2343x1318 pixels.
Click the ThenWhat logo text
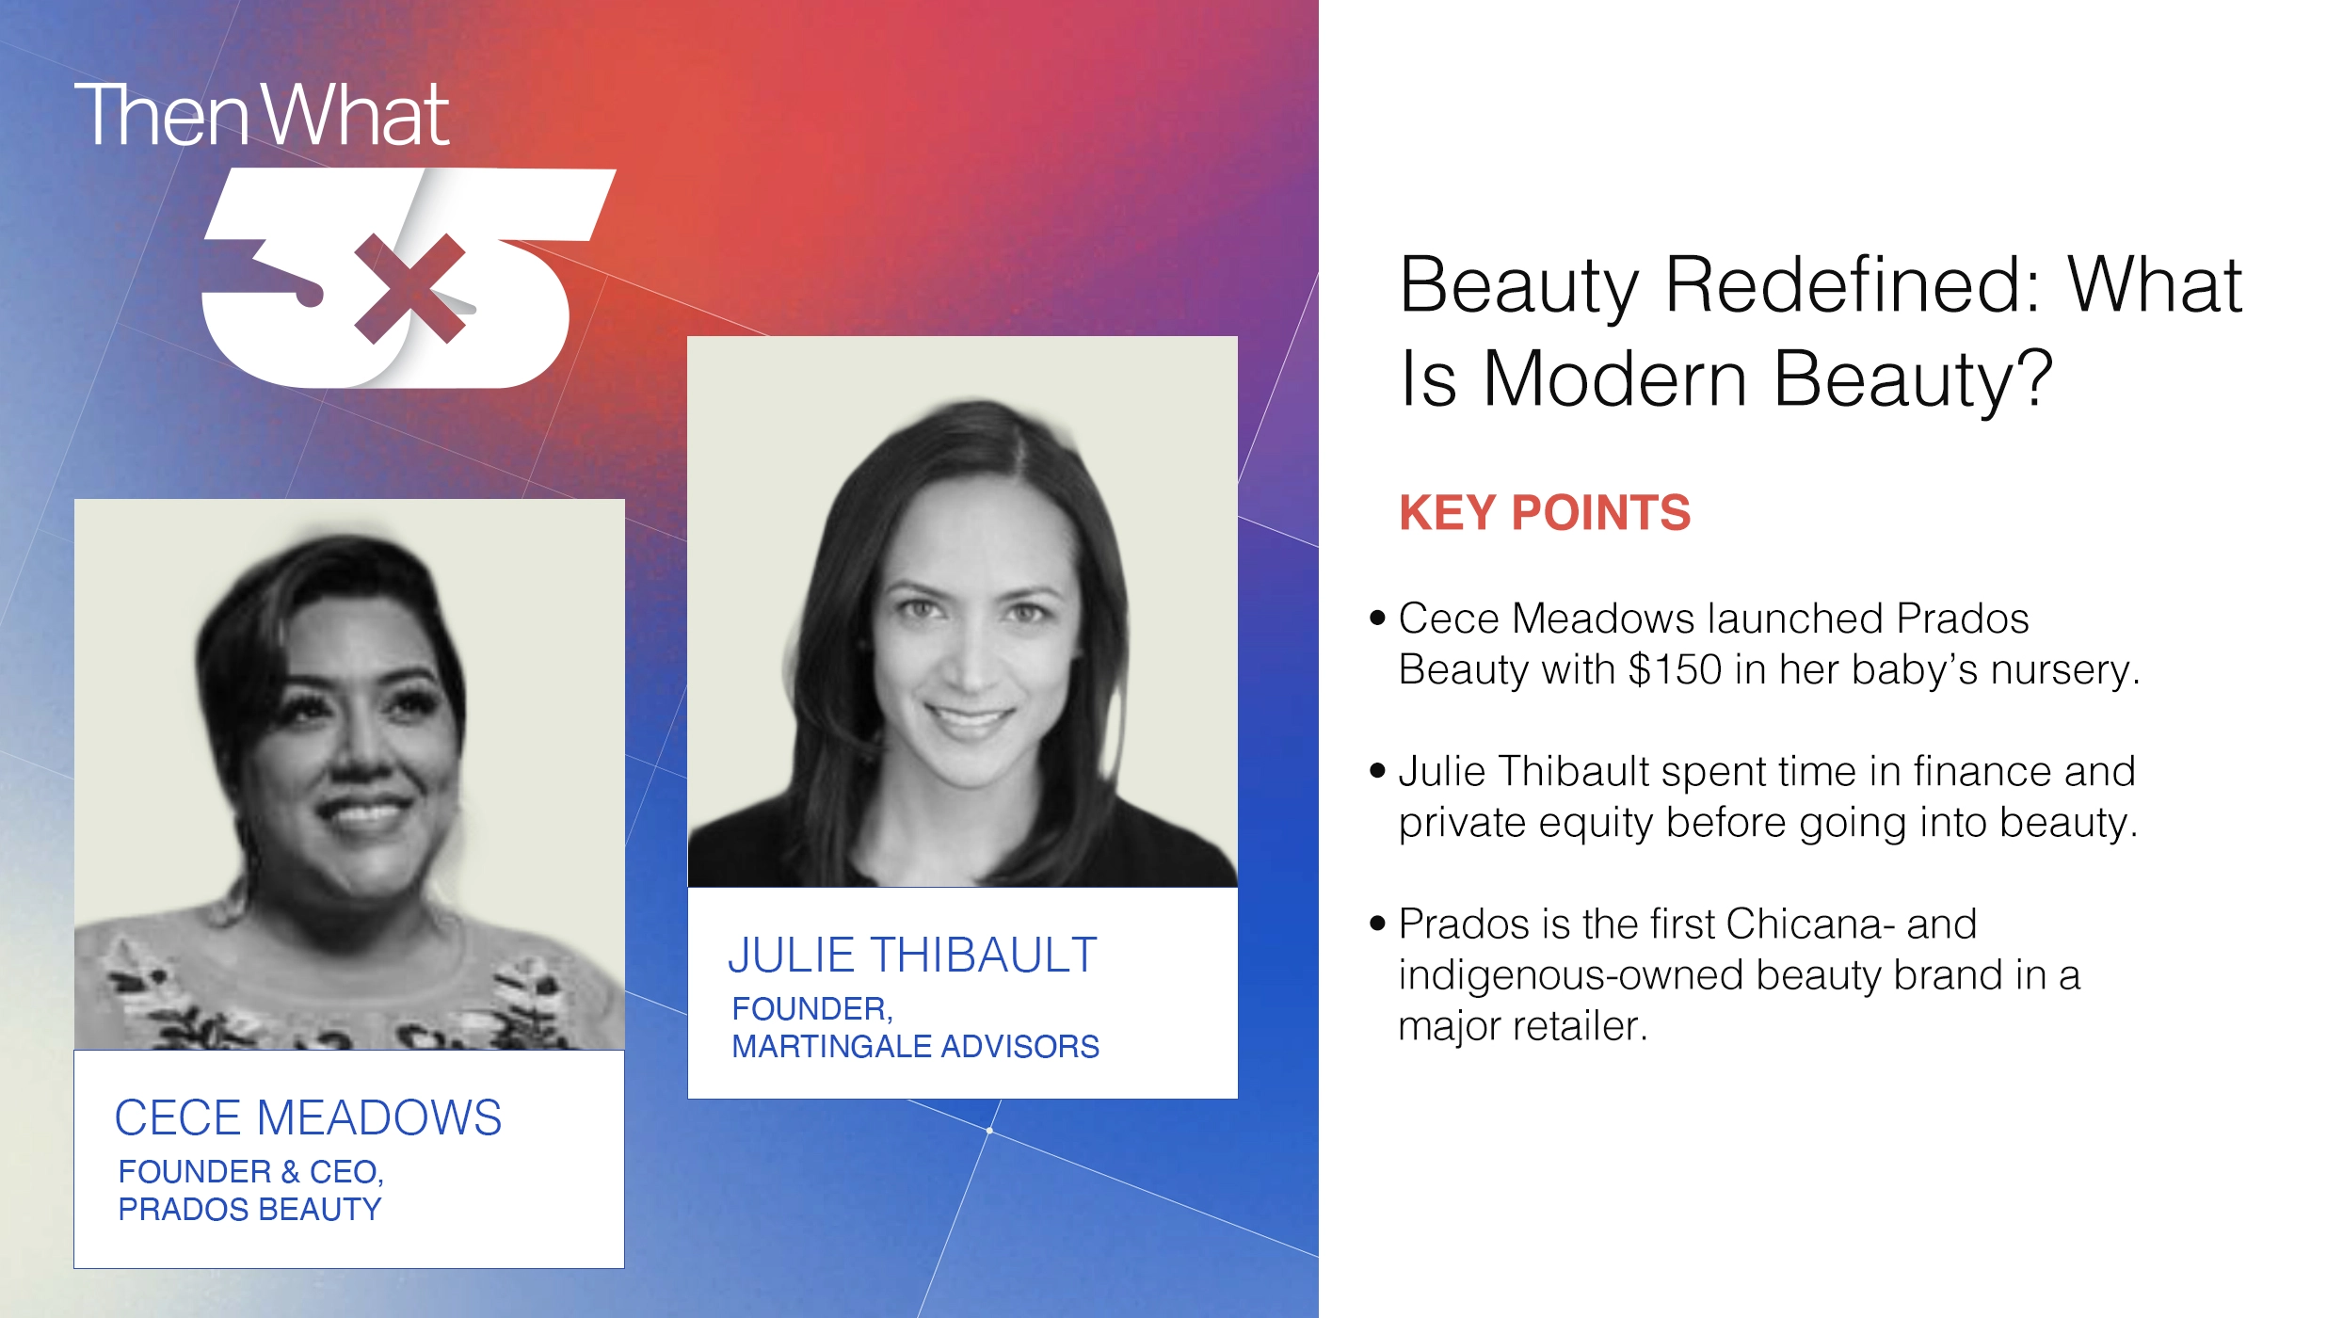click(262, 116)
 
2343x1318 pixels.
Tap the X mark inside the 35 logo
click(409, 288)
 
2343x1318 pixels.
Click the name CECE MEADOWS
click(308, 1118)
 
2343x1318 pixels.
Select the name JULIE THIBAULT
click(912, 956)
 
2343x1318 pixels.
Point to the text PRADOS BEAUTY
click(249, 1210)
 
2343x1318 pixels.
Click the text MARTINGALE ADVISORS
click(915, 1047)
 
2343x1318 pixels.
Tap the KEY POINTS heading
click(1545, 513)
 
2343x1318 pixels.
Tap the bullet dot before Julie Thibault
click(1378, 772)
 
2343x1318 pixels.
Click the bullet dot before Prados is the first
click(1378, 924)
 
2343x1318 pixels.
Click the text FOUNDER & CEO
click(250, 1172)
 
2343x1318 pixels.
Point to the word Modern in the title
click(1615, 378)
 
